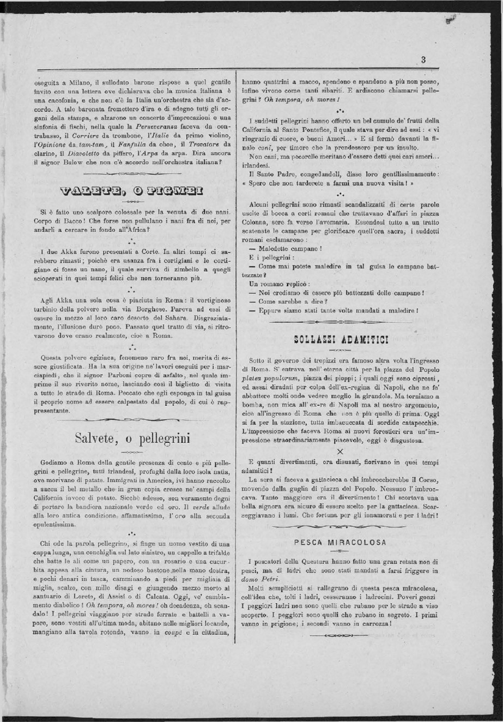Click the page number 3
pyautogui.click(x=423, y=60)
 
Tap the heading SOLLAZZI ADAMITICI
pyautogui.click(x=341, y=339)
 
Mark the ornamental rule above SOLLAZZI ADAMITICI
pyautogui.click(x=341, y=323)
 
